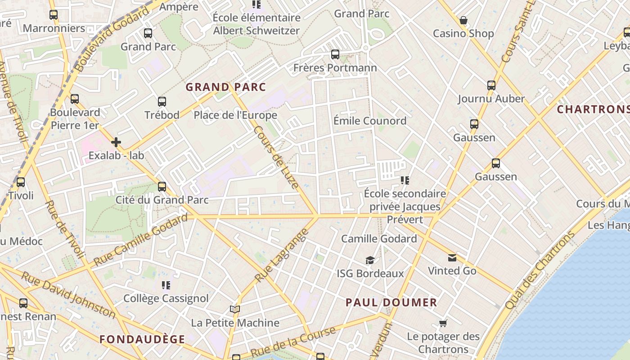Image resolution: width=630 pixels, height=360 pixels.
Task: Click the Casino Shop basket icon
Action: pyautogui.click(x=463, y=21)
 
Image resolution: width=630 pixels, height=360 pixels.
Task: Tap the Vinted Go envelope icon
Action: pyautogui.click(x=452, y=258)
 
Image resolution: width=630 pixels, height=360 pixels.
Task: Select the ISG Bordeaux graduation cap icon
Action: pyautogui.click(x=370, y=261)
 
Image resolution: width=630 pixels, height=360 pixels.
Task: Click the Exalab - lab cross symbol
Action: pyautogui.click(x=116, y=143)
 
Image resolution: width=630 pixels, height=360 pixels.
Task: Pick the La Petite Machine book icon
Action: pyautogui.click(x=234, y=310)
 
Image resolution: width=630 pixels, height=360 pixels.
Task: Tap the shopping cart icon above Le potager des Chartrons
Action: pyautogui.click(x=443, y=324)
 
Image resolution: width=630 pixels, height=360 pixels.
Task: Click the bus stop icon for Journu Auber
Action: pyautogui.click(x=491, y=85)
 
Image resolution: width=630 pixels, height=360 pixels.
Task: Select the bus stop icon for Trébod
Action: pyautogui.click(x=162, y=102)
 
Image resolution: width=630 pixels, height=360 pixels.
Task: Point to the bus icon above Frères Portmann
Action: pyautogui.click(x=335, y=54)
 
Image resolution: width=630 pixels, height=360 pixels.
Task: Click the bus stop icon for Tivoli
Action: pyautogui.click(x=21, y=182)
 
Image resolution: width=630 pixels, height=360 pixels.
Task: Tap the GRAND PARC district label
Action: pyautogui.click(x=226, y=87)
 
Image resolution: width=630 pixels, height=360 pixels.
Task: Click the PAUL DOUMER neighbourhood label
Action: pyautogui.click(x=391, y=302)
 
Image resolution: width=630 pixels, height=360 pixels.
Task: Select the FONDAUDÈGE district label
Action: pyautogui.click(x=142, y=339)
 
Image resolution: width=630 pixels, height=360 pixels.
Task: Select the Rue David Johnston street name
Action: pyautogui.click(x=68, y=295)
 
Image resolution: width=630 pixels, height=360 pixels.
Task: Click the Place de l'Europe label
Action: pyautogui.click(x=235, y=115)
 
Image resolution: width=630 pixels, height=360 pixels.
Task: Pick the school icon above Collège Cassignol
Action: pyautogui.click(x=166, y=285)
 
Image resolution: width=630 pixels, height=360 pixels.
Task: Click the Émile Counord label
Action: pyautogui.click(x=370, y=121)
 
